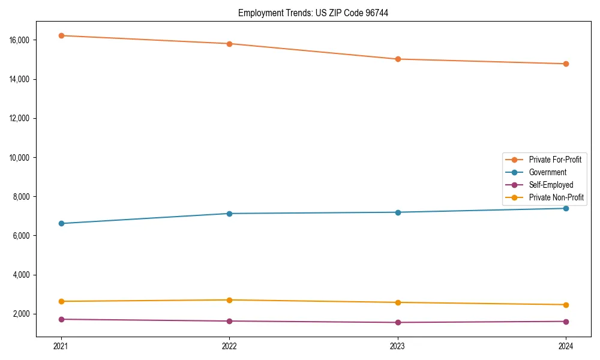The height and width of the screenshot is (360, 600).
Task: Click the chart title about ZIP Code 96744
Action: (313, 13)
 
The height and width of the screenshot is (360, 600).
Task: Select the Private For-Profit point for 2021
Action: (61, 35)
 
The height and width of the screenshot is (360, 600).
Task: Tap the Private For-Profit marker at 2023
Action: (398, 59)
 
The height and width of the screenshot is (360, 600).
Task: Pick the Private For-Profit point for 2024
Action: (566, 64)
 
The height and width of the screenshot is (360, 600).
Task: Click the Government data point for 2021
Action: (61, 223)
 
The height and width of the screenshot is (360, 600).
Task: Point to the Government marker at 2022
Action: (229, 214)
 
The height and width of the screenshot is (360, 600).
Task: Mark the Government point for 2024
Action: (566, 208)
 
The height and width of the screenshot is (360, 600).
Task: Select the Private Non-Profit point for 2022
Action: (229, 300)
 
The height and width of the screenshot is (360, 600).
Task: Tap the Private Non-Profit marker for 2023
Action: (398, 302)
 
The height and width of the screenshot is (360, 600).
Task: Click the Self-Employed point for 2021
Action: (61, 319)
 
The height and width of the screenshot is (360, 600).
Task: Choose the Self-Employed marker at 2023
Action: (398, 322)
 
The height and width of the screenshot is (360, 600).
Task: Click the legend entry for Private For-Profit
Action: (554, 160)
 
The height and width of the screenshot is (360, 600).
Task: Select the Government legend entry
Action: (547, 172)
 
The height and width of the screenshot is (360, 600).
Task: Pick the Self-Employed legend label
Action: (551, 185)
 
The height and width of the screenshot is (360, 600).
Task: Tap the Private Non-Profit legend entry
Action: (556, 197)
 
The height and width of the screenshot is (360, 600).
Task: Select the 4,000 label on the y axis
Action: (22, 275)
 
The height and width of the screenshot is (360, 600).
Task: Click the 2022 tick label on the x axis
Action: (229, 346)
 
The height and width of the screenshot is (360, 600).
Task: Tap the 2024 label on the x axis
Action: (566, 346)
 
